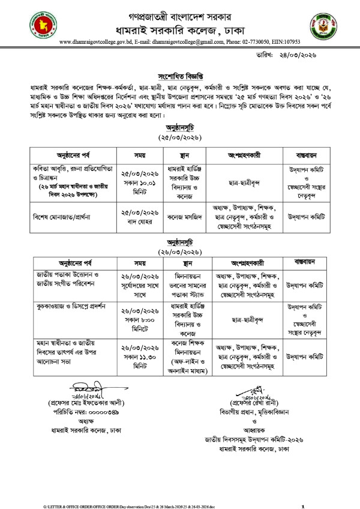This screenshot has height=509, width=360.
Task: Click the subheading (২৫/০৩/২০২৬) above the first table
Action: [179, 136]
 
